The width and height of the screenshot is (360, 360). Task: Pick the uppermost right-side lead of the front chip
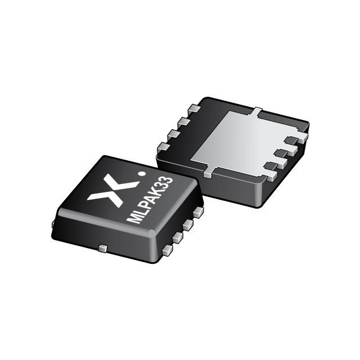click(197, 213)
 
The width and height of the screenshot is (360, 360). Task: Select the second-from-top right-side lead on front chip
click(188, 224)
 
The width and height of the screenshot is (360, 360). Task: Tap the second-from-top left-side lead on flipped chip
click(183, 121)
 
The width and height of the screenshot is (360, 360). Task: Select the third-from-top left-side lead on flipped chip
click(172, 134)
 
